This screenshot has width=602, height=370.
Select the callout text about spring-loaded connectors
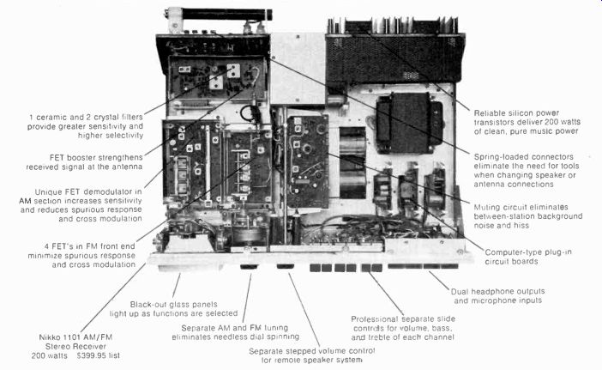tap(533, 173)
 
